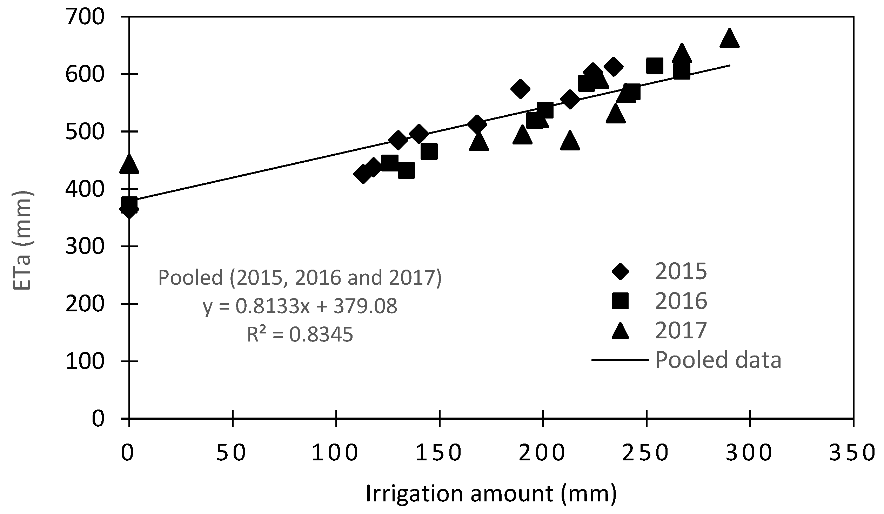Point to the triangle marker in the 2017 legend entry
click(x=620, y=331)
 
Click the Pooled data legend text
click(x=718, y=360)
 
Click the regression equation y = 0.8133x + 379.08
click(x=300, y=306)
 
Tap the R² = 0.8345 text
click(x=300, y=334)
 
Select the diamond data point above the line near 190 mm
click(x=521, y=89)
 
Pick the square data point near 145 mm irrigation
click(x=429, y=151)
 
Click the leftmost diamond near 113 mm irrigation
click(x=363, y=174)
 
